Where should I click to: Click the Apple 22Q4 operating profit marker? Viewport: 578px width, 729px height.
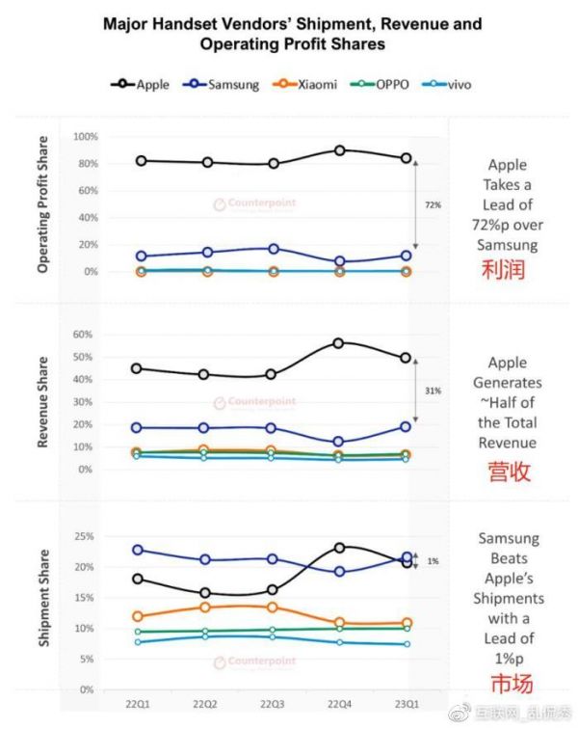(340, 150)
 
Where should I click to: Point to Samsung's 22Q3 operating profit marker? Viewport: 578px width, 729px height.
(274, 249)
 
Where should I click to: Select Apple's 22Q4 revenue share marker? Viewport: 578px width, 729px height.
(339, 343)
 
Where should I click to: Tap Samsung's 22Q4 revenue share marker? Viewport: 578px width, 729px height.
(339, 442)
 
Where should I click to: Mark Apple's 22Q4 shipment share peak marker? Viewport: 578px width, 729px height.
(340, 548)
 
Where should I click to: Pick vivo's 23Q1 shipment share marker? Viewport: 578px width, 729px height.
(407, 644)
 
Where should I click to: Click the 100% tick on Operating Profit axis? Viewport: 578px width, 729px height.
(85, 138)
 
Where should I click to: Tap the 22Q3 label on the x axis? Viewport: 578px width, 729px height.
(274, 705)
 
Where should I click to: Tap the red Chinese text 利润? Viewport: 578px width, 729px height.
(503, 270)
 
